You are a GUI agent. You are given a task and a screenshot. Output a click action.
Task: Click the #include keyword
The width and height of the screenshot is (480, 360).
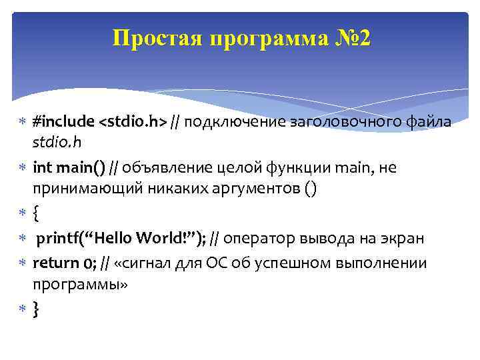pyautogui.click(x=64, y=122)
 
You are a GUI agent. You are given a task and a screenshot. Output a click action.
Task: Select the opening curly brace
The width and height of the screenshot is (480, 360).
pyautogui.click(x=37, y=213)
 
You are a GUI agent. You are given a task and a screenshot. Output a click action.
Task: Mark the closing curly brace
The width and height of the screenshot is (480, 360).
pyautogui.click(x=37, y=309)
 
